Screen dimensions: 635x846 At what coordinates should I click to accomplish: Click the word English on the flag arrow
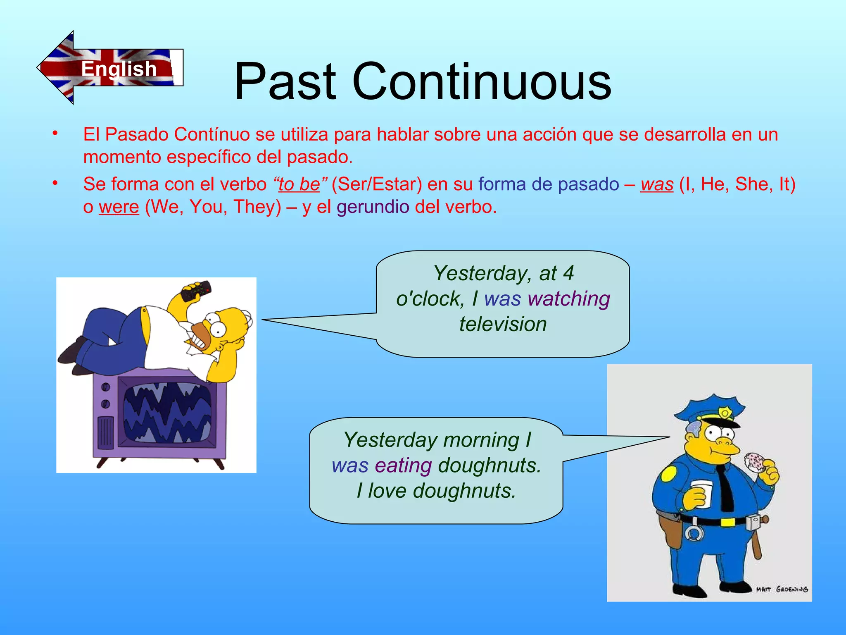[x=119, y=69]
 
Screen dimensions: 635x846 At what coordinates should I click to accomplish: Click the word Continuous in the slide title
[x=481, y=81]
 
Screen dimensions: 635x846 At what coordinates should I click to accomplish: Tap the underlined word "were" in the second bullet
[x=119, y=207]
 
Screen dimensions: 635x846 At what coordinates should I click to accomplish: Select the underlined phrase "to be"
[x=299, y=184]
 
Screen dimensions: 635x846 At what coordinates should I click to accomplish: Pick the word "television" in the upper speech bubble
[x=503, y=324]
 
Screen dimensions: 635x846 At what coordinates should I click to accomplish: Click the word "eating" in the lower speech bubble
[x=404, y=466]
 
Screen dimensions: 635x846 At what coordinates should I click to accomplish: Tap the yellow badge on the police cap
[x=724, y=412]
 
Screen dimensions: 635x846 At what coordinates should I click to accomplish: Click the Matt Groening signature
[x=782, y=589]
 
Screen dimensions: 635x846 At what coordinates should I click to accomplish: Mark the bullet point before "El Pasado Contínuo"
[x=55, y=134]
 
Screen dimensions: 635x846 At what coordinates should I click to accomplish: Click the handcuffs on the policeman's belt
[x=694, y=534]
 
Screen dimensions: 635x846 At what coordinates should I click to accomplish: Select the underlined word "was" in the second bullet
[x=657, y=184]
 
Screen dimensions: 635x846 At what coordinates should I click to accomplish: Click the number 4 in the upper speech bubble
[x=568, y=273]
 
